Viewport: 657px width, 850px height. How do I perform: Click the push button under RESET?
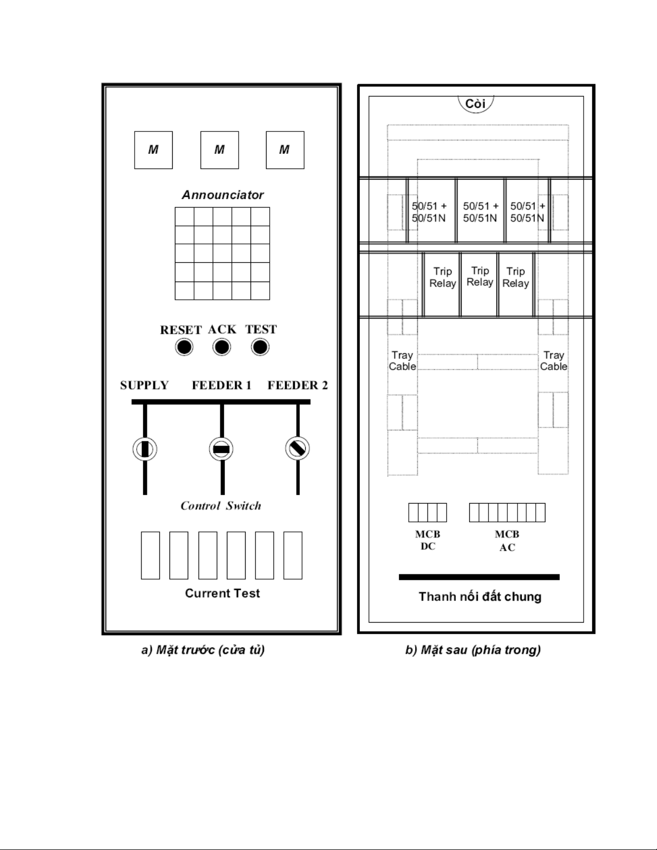tap(184, 348)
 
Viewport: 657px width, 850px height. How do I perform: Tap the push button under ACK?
tap(222, 348)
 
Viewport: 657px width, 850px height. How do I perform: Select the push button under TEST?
tap(260, 348)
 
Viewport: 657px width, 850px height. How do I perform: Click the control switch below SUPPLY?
tap(145, 449)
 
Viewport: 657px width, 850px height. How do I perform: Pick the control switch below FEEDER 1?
tap(221, 449)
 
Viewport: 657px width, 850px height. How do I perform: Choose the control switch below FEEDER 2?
tap(297, 448)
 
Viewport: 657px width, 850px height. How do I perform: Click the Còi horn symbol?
tap(476, 104)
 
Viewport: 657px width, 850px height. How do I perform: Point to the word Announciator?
tap(223, 195)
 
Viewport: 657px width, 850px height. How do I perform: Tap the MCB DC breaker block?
tap(427, 513)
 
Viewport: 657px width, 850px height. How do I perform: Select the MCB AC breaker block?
tap(507, 513)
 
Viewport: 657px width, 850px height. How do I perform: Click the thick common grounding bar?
tap(479, 577)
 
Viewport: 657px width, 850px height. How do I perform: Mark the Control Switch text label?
tap(220, 506)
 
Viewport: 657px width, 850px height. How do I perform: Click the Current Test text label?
tap(222, 593)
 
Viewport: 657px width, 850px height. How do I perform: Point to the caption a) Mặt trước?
tap(203, 650)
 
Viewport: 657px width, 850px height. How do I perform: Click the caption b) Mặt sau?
tap(473, 650)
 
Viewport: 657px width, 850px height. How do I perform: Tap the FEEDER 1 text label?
tap(222, 385)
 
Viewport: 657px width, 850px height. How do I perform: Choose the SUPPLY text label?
tap(144, 385)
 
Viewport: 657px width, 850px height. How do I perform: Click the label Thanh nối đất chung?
tap(480, 597)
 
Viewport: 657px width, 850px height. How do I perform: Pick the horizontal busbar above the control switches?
tap(221, 402)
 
